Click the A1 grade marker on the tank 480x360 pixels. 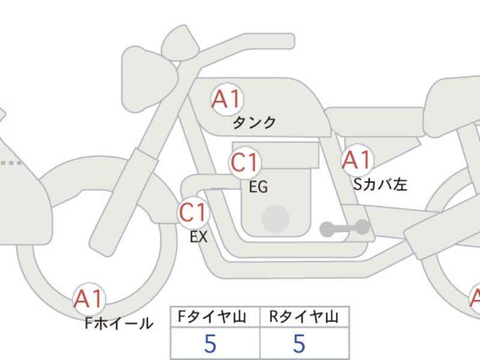point(227,100)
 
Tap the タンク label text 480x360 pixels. point(254,122)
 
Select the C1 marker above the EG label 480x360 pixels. point(245,163)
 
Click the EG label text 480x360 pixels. point(258,187)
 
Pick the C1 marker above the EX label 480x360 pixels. point(194,213)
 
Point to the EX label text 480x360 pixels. point(198,237)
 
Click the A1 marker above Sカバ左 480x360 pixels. point(357,160)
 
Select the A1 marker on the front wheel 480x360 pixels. point(89,298)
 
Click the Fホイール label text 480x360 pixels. point(119,324)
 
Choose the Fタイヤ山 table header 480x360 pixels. point(215,316)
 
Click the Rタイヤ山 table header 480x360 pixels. point(304,316)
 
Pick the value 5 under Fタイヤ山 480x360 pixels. point(210,343)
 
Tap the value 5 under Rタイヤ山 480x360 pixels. point(299,343)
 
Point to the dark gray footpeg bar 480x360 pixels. point(344,227)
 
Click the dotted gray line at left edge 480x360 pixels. point(10,163)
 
